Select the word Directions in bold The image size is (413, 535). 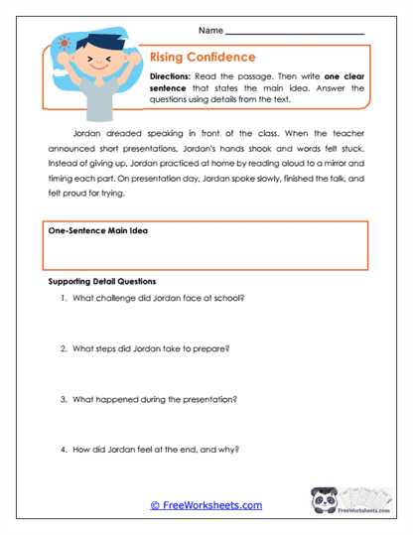(173, 76)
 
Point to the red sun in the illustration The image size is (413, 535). (67, 45)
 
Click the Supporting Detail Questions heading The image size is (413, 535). (102, 282)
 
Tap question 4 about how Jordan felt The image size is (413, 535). (156, 448)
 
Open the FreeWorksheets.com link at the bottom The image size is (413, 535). (206, 505)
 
